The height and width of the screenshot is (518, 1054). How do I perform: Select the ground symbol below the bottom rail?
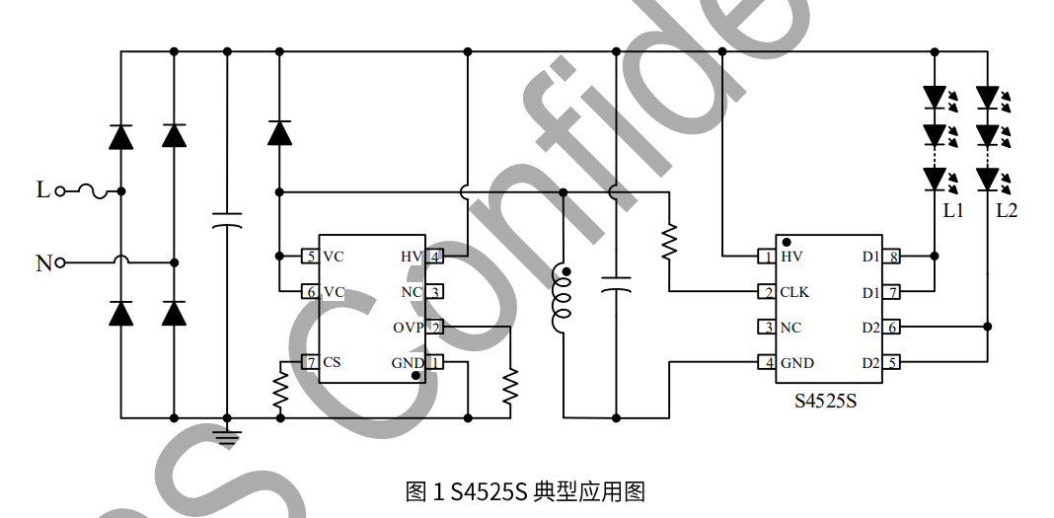click(x=227, y=434)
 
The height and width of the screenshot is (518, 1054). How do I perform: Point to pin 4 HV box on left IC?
click(x=434, y=257)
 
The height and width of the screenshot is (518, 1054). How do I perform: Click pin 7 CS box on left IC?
click(x=310, y=362)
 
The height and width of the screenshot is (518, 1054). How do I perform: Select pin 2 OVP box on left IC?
click(x=434, y=328)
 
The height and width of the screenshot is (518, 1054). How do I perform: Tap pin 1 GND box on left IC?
click(x=434, y=363)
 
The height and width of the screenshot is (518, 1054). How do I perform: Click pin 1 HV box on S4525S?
click(x=766, y=257)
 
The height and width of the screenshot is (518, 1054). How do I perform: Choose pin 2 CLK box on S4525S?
click(x=766, y=292)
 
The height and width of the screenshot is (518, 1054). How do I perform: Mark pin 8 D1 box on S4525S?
click(x=891, y=257)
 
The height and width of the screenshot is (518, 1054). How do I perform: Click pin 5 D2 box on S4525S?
click(x=891, y=363)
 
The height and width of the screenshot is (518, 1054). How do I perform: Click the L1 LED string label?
click(x=952, y=210)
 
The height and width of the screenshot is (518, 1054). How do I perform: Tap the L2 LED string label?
click(x=1006, y=210)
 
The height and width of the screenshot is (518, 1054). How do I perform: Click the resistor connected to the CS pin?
click(x=280, y=392)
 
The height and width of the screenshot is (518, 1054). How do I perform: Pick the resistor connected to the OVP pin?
click(x=510, y=387)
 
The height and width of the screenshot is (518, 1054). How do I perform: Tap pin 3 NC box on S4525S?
click(x=766, y=328)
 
